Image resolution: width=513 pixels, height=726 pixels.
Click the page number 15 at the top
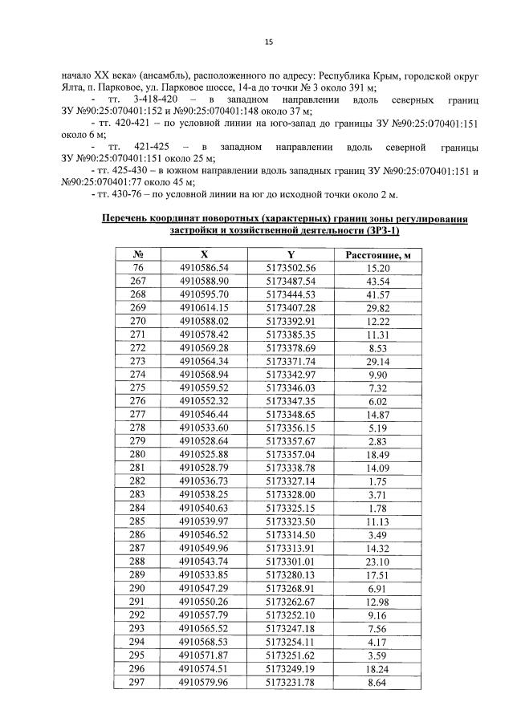click(x=269, y=42)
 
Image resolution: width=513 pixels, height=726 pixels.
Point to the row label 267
click(x=138, y=281)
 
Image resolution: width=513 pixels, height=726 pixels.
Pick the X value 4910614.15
click(x=205, y=307)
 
